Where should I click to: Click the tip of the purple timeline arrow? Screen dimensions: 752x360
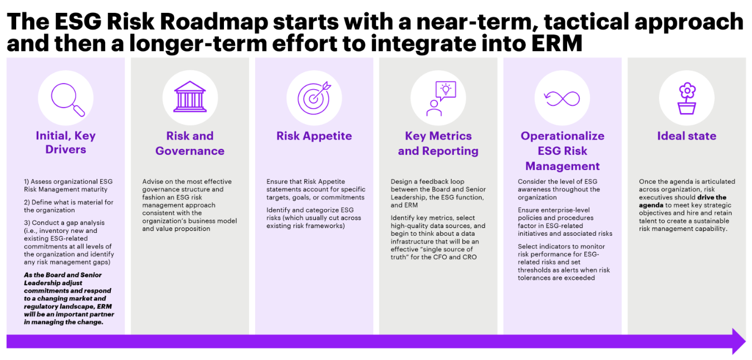[746, 341]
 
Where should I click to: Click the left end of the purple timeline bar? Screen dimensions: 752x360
[7, 341]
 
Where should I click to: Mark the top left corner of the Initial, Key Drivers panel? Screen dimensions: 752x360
[7, 58]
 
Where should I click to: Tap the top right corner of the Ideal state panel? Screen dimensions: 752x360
[746, 58]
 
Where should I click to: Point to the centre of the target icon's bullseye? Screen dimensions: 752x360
[313, 99]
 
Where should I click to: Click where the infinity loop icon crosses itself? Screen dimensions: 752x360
[562, 99]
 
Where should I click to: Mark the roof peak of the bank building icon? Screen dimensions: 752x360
[190, 81]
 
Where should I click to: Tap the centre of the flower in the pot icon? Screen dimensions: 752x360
[687, 90]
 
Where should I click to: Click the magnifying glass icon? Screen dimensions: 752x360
[67, 100]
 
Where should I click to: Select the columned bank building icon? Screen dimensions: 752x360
[190, 96]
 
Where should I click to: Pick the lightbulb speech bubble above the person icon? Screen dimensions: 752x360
[446, 91]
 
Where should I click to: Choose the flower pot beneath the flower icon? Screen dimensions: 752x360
[686, 109]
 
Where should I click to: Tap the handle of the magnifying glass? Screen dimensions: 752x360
[79, 110]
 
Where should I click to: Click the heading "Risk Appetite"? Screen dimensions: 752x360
[314, 136]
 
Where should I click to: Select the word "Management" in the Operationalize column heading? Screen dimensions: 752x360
[562, 166]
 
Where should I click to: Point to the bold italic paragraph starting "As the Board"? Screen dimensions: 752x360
[69, 298]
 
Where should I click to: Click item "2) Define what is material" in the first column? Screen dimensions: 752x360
[69, 206]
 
